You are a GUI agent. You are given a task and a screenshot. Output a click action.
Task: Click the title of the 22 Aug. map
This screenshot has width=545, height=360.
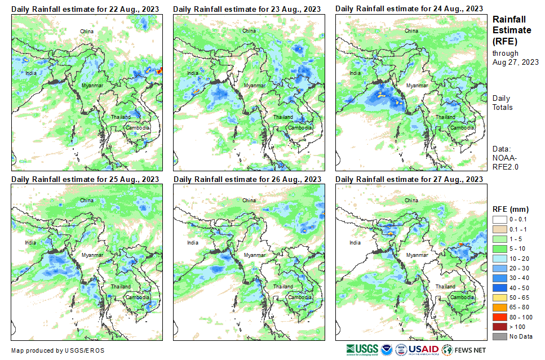pos(85,9)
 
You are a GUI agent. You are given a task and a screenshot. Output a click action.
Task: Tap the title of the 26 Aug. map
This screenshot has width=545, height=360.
pos(247,179)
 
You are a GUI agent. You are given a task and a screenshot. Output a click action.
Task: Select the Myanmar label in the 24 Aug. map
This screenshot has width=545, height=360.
pos(417,85)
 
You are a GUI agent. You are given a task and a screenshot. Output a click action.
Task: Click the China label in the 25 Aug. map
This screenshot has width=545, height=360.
pos(87,201)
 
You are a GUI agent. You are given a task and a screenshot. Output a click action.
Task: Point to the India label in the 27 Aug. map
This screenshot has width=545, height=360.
pos(355,243)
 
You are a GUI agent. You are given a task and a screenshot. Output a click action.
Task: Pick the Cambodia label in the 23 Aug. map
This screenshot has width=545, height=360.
pos(300,128)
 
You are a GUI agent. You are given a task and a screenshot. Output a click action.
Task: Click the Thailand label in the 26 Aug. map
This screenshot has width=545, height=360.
pos(283,287)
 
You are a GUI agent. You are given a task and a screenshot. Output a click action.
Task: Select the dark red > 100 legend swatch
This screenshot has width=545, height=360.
pos(500,327)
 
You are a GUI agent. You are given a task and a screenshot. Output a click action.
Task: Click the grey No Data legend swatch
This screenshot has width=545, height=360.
pos(500,336)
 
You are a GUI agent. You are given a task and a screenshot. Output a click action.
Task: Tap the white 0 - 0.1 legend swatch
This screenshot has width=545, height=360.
pos(500,219)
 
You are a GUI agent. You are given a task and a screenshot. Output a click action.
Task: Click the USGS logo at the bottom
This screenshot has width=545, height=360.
pos(362,349)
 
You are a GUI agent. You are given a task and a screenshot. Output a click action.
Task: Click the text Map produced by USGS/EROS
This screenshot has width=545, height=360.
pos(57,350)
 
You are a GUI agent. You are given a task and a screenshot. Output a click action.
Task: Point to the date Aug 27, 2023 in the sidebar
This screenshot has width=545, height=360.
pos(515,62)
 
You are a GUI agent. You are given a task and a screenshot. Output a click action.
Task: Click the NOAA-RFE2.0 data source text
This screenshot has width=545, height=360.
pos(505,163)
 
